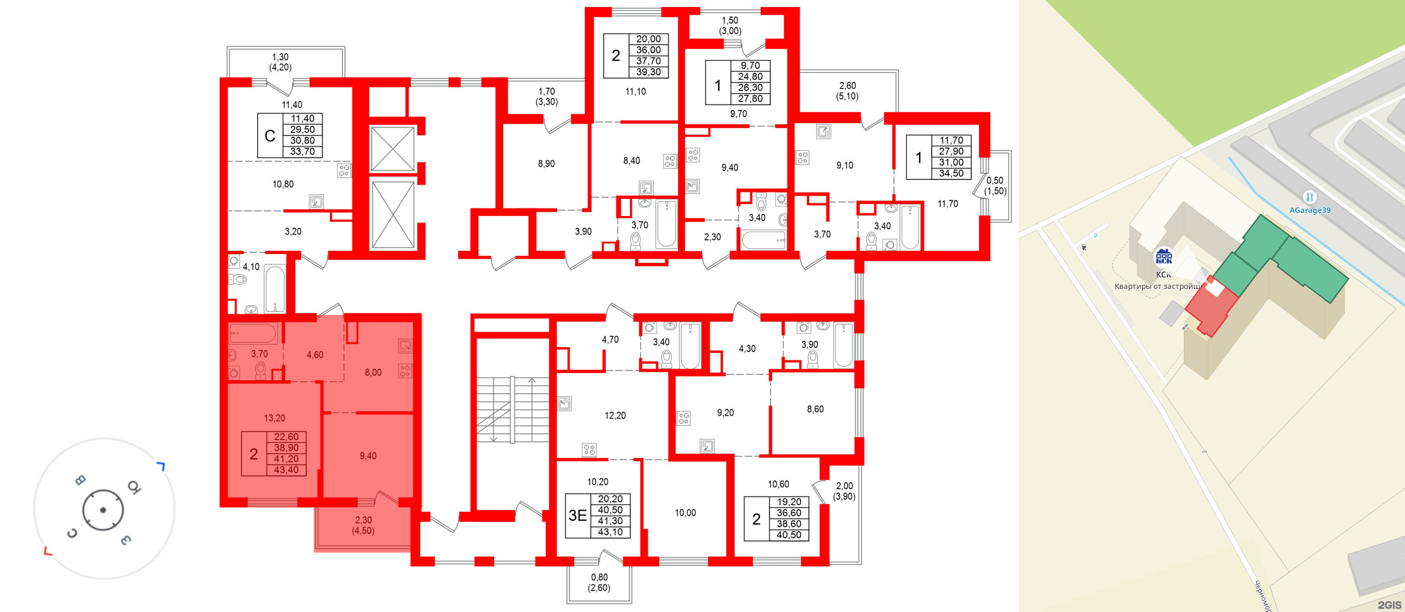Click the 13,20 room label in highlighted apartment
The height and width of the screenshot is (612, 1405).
pyautogui.click(x=274, y=418)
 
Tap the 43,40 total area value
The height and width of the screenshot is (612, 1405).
pyautogui.click(x=286, y=470)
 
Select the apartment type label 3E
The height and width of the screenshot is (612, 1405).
pyautogui.click(x=577, y=516)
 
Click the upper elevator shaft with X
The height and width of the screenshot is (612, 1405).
pyautogui.click(x=392, y=149)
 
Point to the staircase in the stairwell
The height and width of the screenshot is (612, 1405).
pyautogui.click(x=512, y=409)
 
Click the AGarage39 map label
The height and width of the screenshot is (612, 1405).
pyautogui.click(x=1309, y=210)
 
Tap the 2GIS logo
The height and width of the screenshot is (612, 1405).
pyautogui.click(x=1389, y=605)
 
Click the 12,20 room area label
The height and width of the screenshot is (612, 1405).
pyautogui.click(x=615, y=416)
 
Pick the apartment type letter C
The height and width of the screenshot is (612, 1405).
pyautogui.click(x=270, y=136)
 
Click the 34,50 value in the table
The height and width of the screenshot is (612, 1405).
pyautogui.click(x=951, y=174)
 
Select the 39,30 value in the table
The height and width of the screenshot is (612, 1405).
pyautogui.click(x=648, y=72)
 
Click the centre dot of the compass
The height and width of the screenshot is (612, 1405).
pyautogui.click(x=103, y=510)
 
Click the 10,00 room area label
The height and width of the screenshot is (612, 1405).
pyautogui.click(x=685, y=513)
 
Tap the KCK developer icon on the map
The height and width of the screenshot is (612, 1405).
pyautogui.click(x=1164, y=257)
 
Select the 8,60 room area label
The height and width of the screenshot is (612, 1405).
pyautogui.click(x=815, y=409)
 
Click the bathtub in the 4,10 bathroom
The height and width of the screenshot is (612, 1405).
pyautogui.click(x=275, y=288)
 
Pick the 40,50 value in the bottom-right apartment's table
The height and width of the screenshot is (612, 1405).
pyautogui.click(x=788, y=535)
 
